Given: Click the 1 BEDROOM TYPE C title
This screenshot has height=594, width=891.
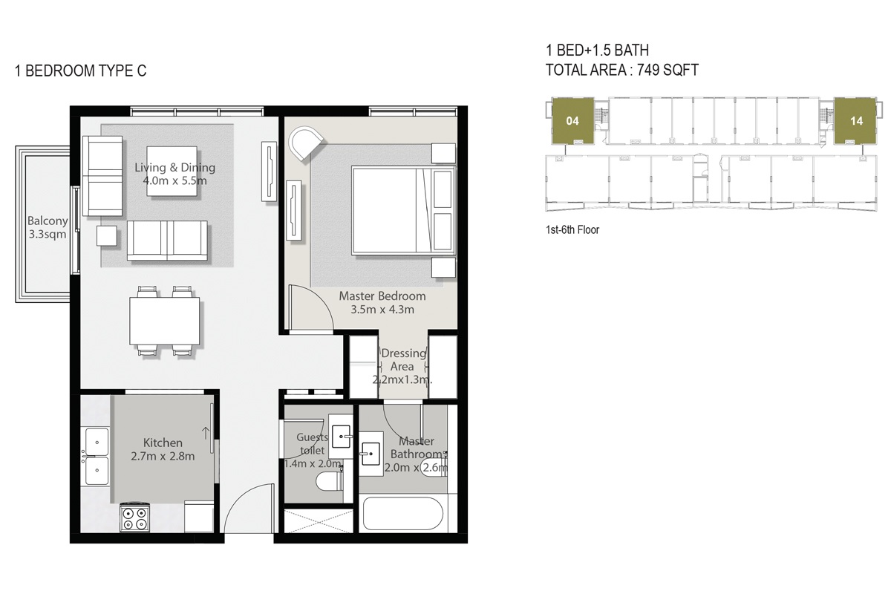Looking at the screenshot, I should pos(80,71).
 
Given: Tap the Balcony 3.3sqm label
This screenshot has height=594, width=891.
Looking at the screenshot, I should pos(48,228).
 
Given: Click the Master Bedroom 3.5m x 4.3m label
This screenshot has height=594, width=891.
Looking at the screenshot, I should pos(382,302).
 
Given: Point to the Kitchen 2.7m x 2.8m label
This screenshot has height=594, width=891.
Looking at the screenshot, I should pos(163,449).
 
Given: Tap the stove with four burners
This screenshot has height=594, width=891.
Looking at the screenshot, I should pos(135,518).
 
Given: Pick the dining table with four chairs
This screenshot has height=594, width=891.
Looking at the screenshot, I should pos(165,319).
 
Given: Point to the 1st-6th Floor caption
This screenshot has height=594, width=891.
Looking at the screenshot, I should pos(572,230).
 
